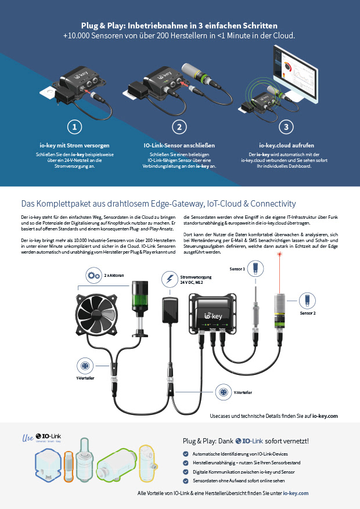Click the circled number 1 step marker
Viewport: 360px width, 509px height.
74,127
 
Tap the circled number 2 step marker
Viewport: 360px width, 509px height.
179,127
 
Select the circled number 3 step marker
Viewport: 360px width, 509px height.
285,127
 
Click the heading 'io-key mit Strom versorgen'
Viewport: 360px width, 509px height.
74,145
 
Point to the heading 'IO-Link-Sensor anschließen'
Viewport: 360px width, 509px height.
179,145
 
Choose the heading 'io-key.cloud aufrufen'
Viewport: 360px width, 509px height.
285,145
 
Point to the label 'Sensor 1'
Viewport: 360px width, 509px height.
236,269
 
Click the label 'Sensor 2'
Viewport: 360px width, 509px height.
307,313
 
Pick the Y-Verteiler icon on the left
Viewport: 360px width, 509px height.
85,366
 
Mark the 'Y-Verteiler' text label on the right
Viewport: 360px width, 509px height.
243,392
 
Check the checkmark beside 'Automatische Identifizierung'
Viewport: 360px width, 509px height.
186,453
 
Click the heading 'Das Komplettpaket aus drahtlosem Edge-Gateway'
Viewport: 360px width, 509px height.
159,204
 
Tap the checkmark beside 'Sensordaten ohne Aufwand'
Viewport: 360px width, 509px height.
186,481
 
